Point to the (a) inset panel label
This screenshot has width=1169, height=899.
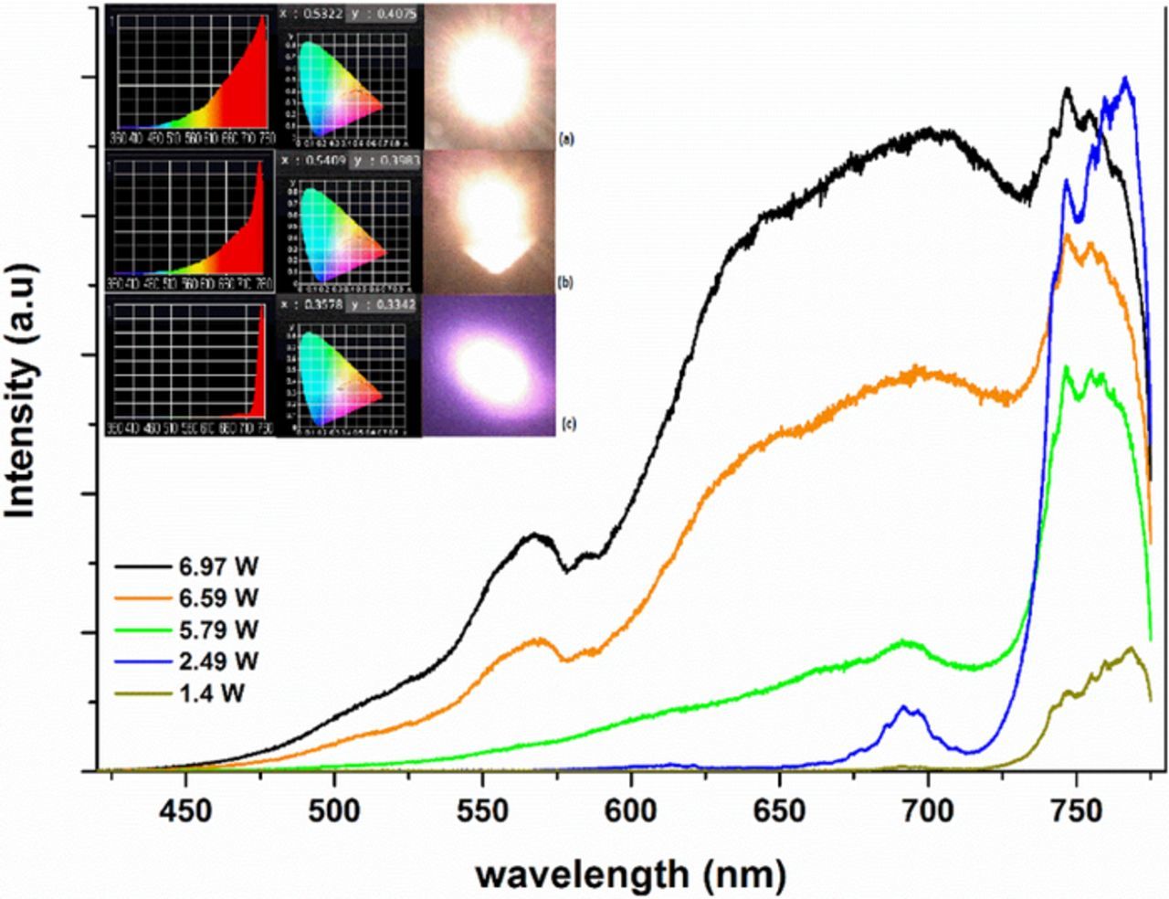point(566,140)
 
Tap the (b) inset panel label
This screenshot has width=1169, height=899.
point(566,283)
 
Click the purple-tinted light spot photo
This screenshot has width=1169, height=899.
point(489,365)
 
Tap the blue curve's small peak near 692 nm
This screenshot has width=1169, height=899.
point(906,708)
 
